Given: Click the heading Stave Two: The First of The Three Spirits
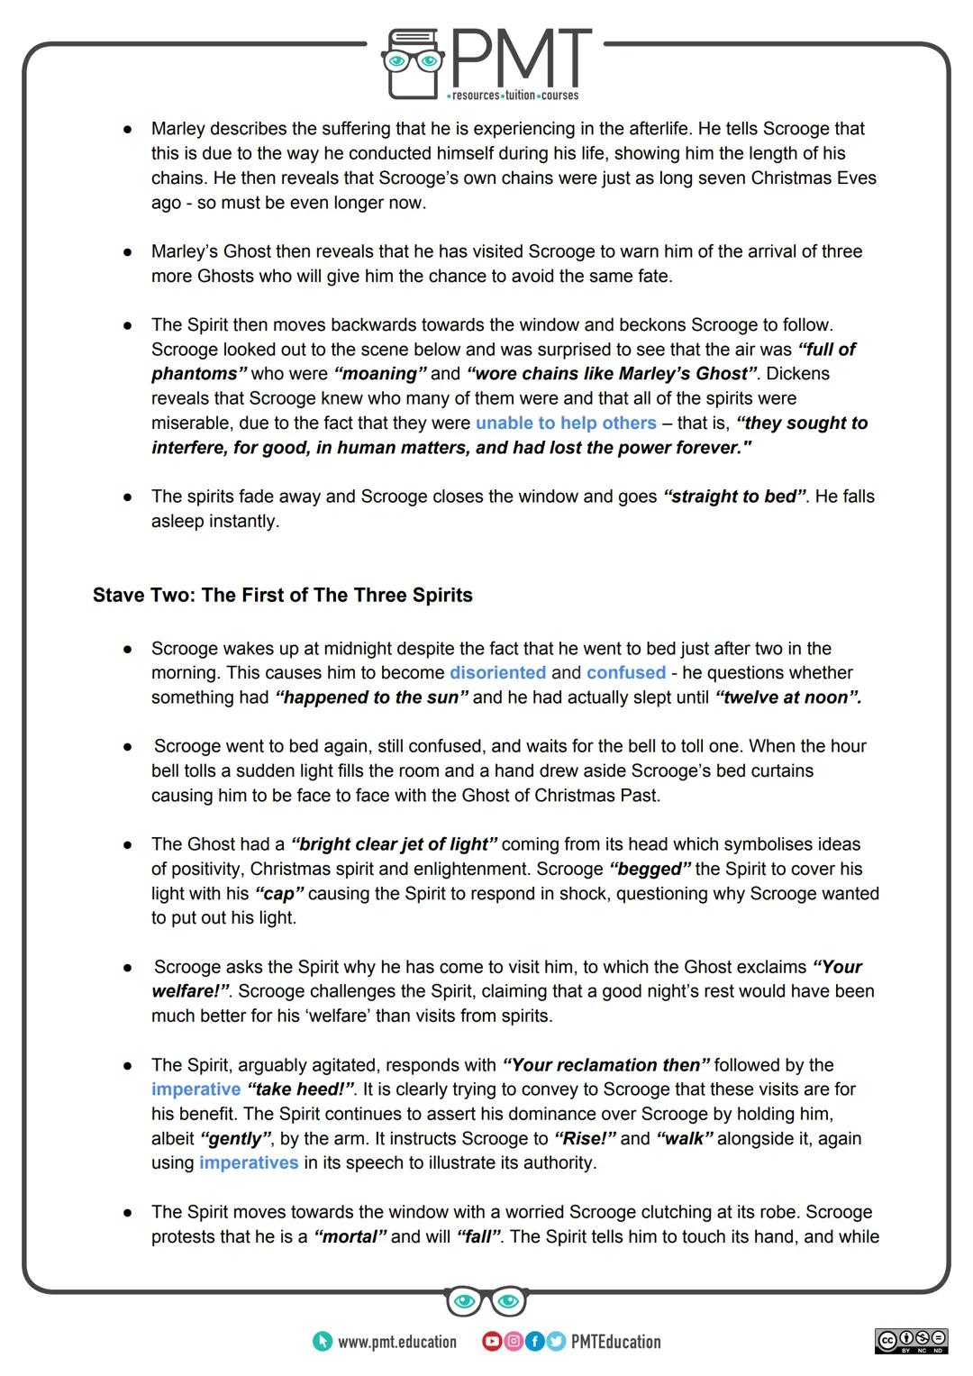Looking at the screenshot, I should pyautogui.click(x=282, y=595).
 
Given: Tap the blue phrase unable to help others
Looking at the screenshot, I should pyautogui.click(x=566, y=423).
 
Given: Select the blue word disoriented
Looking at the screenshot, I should pyautogui.click(x=497, y=672).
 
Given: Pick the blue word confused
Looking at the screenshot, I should pyautogui.click(x=626, y=672).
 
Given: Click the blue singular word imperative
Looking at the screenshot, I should pyautogui.click(x=196, y=1089).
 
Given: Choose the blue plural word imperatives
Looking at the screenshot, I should pyautogui.click(x=249, y=1162).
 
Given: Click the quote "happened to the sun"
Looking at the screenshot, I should pyautogui.click(x=371, y=697).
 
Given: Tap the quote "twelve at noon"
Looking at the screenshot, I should pyautogui.click(x=788, y=697).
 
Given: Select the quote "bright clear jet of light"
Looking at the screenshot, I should pyautogui.click(x=394, y=844).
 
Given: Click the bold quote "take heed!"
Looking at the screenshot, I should pyautogui.click(x=301, y=1089).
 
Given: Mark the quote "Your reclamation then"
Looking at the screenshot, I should pyautogui.click(x=606, y=1064).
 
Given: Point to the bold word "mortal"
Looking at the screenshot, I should pyautogui.click(x=350, y=1236).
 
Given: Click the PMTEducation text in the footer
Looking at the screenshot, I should pyautogui.click(x=615, y=1342).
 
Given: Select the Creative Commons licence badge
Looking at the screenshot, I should pyautogui.click(x=911, y=1341).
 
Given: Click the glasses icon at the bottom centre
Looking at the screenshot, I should pyautogui.click(x=486, y=1301).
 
